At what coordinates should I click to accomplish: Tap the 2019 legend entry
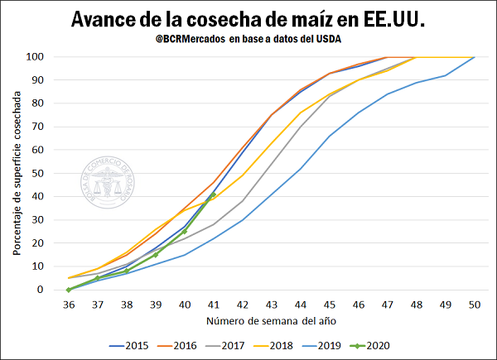(x=331, y=345)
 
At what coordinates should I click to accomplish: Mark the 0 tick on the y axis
(x=39, y=290)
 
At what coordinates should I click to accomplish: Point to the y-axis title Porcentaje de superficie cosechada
(x=16, y=174)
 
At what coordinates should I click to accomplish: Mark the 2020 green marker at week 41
(x=213, y=195)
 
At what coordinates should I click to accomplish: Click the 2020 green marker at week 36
(x=68, y=290)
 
